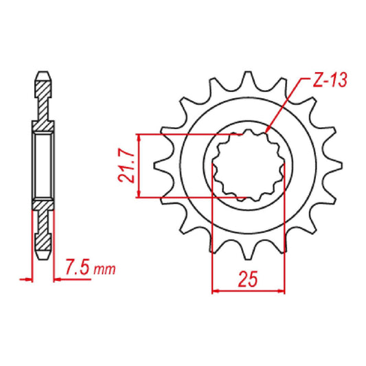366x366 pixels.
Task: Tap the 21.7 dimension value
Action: coord(123,167)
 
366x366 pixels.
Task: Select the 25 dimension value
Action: coord(248,278)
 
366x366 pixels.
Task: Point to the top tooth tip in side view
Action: coord(43,73)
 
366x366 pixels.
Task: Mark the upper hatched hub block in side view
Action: coord(43,127)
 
